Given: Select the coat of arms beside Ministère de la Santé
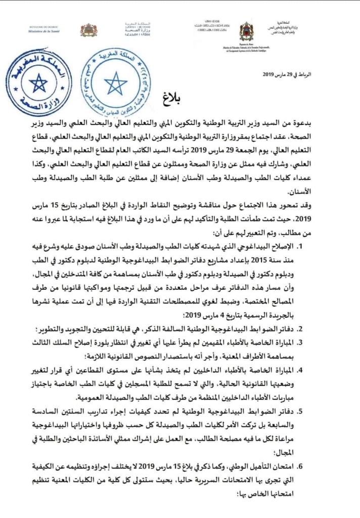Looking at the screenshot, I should click(88, 30).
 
